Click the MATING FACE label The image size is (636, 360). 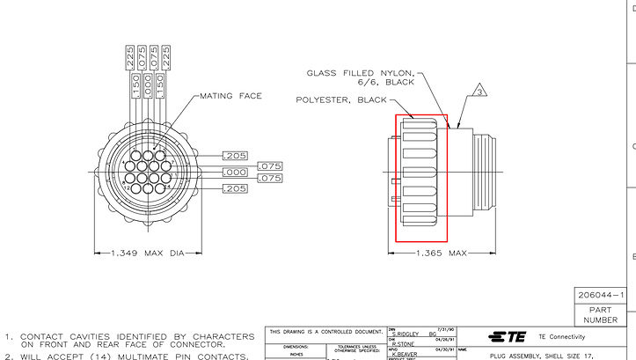230,95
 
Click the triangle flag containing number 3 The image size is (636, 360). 479,91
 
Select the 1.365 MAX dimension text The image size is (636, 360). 439,253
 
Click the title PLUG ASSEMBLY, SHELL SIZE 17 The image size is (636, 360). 545,355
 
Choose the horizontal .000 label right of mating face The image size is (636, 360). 235,173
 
